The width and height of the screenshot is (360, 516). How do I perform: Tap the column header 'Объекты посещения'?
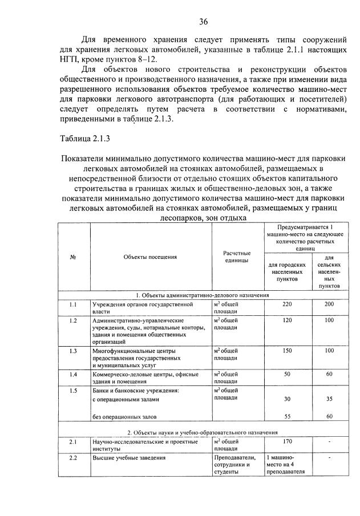click(150, 257)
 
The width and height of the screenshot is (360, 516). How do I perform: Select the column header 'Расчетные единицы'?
click(237, 257)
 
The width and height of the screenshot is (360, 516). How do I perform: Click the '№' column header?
click(73, 257)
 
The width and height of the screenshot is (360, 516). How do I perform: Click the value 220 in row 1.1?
click(287, 304)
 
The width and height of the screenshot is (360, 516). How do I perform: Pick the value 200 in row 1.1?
click(329, 304)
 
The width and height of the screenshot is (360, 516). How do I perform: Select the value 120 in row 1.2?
click(287, 320)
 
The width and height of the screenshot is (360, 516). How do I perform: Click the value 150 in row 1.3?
click(287, 351)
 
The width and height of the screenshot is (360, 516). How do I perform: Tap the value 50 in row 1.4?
click(287, 374)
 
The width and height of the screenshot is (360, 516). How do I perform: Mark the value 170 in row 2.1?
click(287, 441)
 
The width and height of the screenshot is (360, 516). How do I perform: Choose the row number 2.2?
click(73, 458)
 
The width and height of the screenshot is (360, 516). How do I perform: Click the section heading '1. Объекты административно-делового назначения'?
click(203, 295)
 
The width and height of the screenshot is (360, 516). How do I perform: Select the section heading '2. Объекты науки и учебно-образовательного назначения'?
click(203, 432)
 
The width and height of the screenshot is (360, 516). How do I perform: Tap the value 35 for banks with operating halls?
click(329, 399)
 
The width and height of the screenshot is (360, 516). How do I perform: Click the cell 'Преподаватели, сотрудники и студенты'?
click(236, 465)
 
